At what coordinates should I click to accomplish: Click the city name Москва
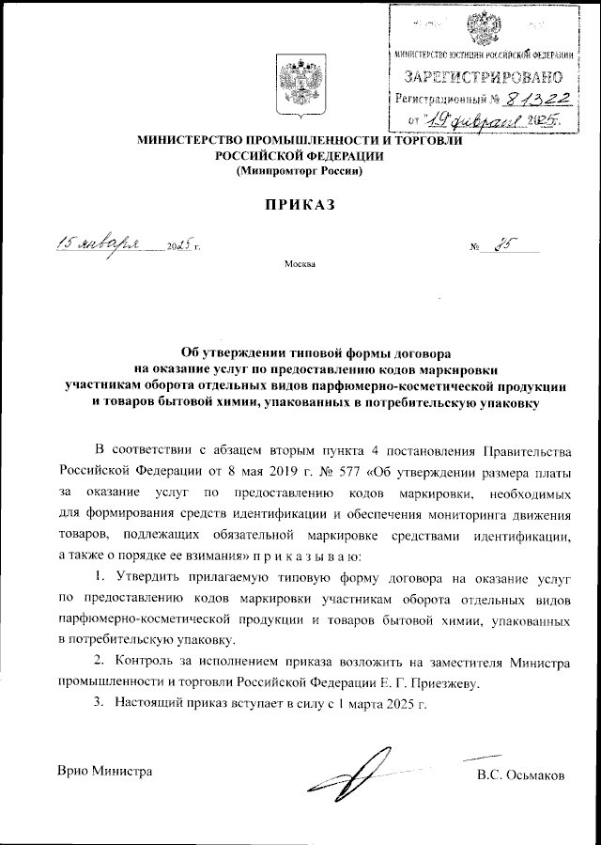click(x=300, y=264)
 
